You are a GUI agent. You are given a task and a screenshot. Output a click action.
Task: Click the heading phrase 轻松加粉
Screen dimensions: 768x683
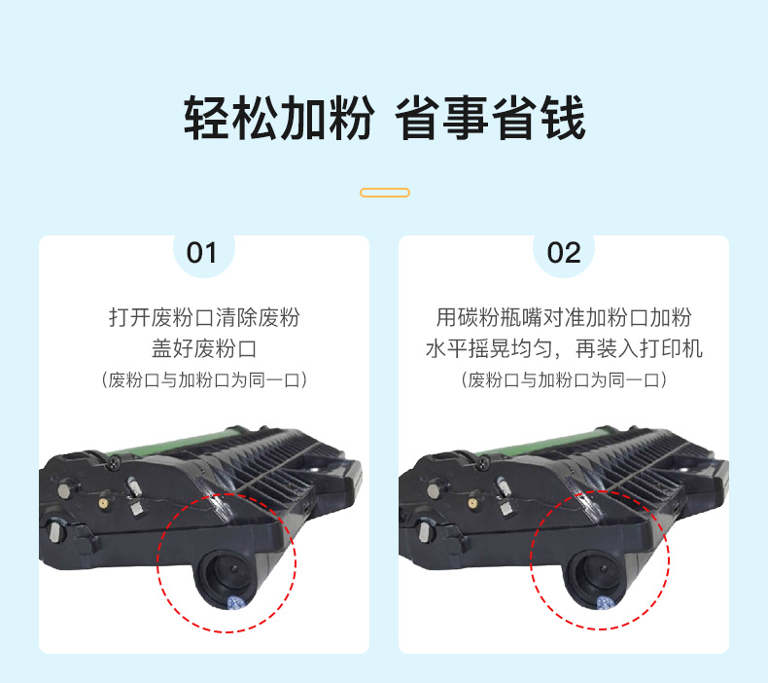tap(279, 118)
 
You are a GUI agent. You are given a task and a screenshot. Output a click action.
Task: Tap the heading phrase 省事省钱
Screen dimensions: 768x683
tap(490, 118)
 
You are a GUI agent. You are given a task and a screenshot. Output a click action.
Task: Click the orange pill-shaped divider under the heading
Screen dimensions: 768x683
tap(385, 193)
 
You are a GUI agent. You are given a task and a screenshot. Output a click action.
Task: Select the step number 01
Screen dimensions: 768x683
tap(201, 253)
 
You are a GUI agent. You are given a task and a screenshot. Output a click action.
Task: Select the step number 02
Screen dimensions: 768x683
tap(564, 253)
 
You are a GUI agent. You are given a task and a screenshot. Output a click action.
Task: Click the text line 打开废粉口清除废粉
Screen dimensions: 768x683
tap(204, 317)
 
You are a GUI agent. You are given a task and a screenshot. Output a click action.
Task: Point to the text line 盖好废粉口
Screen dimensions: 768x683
tap(204, 348)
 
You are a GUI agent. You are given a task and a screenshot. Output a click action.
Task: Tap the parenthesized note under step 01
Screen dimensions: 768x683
tap(204, 380)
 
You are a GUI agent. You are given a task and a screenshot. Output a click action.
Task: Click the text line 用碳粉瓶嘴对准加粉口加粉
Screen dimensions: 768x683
tap(564, 317)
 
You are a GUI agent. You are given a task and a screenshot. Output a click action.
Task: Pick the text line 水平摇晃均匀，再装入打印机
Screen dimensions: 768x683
tap(564, 348)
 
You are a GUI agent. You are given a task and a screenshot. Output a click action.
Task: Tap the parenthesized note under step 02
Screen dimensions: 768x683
tap(564, 380)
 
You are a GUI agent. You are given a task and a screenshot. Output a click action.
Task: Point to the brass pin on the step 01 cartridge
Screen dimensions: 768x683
tap(103, 503)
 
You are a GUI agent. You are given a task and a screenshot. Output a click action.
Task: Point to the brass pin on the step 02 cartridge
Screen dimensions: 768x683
tap(472, 503)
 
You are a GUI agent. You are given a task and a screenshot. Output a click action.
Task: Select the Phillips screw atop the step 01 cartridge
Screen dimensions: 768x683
tap(115, 461)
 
